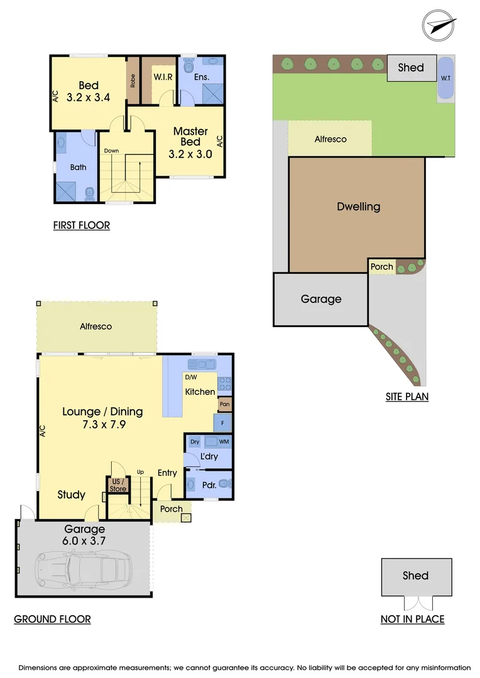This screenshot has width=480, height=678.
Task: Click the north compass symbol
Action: [439, 26]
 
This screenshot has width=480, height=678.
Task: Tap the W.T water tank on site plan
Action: [445, 78]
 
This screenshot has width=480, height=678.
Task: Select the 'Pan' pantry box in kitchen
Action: [224, 405]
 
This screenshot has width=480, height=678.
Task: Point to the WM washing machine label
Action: [224, 442]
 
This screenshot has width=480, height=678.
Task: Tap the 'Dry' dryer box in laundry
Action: [195, 442]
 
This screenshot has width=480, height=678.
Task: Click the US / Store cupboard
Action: [117, 485]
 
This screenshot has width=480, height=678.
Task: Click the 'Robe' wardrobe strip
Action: [133, 80]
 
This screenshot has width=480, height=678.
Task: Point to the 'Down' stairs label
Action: [111, 151]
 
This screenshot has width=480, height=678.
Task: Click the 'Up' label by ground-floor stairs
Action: [141, 471]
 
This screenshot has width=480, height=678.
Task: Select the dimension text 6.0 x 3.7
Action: [84, 541]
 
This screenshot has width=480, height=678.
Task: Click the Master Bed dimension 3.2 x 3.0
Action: [190, 154]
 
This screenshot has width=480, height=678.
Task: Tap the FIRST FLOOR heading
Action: [82, 225]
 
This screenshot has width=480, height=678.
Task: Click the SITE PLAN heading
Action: [407, 397]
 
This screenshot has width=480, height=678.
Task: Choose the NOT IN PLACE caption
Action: [412, 619]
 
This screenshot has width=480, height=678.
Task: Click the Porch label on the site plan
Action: [381, 267]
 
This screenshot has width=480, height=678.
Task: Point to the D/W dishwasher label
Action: [190, 378]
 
